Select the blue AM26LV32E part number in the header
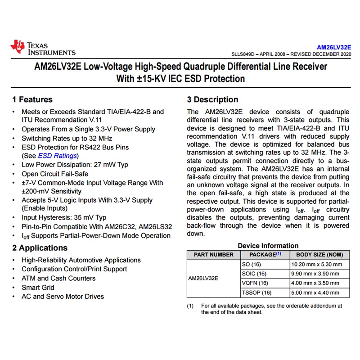tap(333, 47)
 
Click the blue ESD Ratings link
tap(58, 156)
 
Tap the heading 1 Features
tap(32, 99)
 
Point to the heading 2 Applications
tap(40, 248)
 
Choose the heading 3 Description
tap(212, 99)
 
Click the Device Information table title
tap(268, 246)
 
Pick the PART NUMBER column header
tap(214, 255)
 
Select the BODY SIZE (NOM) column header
tap(319, 255)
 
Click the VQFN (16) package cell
tap(255, 283)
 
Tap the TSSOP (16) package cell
tap(257, 292)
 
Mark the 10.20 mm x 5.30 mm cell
tap(317, 264)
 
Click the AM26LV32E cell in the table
tap(203, 278)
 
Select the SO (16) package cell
tap(252, 264)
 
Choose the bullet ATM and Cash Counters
tap(58, 278)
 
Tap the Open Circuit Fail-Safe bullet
tap(55, 174)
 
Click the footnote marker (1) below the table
tap(190, 306)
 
